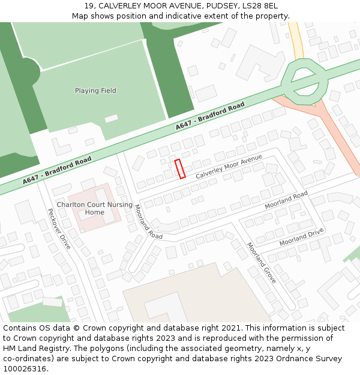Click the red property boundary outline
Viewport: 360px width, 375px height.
click(x=179, y=169)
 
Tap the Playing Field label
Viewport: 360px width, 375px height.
click(x=95, y=91)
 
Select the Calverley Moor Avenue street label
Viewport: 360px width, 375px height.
click(x=229, y=166)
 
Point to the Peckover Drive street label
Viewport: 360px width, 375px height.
click(x=59, y=229)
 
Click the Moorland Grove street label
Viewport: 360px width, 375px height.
click(x=262, y=263)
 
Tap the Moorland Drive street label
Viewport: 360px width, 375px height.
click(x=301, y=237)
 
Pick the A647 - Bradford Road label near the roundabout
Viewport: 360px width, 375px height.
click(x=210, y=117)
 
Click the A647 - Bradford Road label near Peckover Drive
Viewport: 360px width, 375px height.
click(x=58, y=170)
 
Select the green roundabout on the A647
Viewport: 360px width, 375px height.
click(x=305, y=82)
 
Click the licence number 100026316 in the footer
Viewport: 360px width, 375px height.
click(x=25, y=368)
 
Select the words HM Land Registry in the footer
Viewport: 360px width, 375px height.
click(x=32, y=348)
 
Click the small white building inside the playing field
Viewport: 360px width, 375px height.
click(x=112, y=118)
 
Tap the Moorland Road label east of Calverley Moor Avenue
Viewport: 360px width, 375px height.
click(x=286, y=200)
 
